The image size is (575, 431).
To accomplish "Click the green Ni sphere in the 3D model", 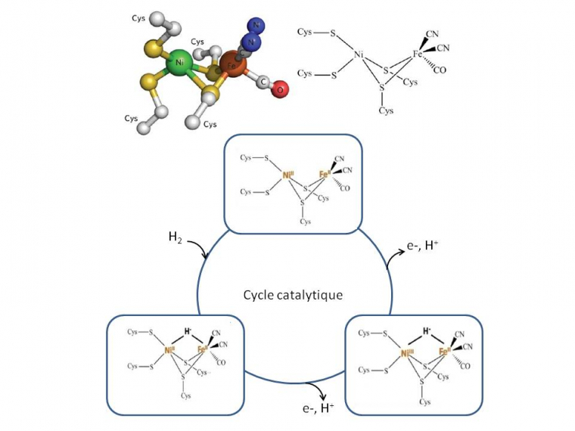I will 179,64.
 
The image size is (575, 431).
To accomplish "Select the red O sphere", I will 280,91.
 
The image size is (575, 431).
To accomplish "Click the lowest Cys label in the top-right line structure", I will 387,110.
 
